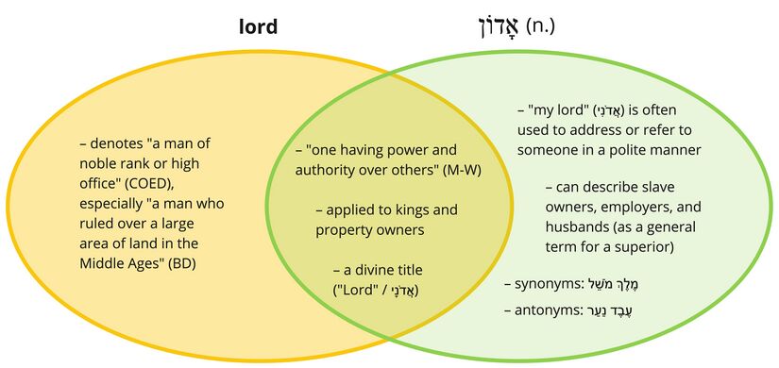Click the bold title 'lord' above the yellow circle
pyautogui.click(x=258, y=25)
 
